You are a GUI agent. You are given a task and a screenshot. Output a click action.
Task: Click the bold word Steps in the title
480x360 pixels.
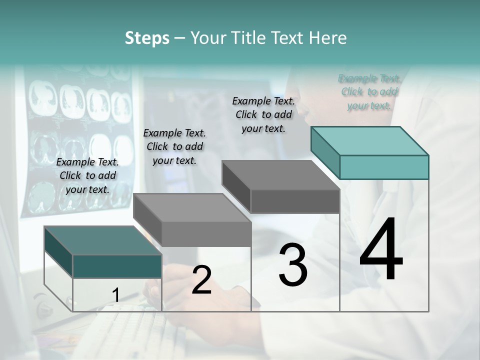[x=147, y=38]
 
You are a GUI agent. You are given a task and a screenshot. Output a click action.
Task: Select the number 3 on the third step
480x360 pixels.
[x=293, y=265]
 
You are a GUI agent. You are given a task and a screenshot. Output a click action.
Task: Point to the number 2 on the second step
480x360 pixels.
[x=201, y=280]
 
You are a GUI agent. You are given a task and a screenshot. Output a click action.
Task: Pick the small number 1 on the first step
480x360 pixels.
[x=115, y=295]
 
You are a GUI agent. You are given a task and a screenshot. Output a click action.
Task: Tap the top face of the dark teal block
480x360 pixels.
[x=102, y=240]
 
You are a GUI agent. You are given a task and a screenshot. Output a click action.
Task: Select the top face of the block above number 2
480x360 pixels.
[x=192, y=207]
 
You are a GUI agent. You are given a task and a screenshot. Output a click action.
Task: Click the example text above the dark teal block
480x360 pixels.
[x=87, y=175]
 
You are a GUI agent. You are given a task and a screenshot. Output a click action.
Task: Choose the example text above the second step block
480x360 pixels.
[x=174, y=146]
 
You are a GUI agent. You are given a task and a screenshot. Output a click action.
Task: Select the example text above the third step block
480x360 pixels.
[x=263, y=114]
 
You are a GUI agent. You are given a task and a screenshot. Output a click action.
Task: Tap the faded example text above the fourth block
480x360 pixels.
[x=369, y=91]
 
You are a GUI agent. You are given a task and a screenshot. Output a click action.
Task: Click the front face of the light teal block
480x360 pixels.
[x=384, y=167]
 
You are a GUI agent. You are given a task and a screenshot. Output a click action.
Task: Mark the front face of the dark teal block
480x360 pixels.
[x=117, y=266]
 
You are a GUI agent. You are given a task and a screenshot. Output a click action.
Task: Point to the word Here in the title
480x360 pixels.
[x=327, y=38]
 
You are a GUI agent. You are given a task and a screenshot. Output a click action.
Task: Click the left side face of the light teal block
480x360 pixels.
[x=325, y=152]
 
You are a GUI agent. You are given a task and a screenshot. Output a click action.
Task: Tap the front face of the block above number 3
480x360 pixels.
[x=295, y=201]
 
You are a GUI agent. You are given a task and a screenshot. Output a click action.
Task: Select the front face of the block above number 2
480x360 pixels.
[x=206, y=234]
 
